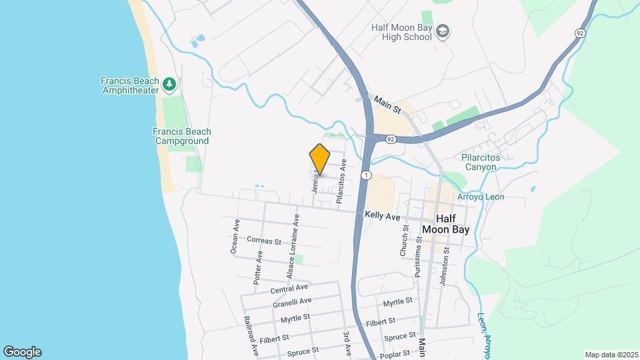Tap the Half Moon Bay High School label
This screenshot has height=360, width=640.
click(403, 31)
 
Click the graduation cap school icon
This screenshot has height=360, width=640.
click(443, 31)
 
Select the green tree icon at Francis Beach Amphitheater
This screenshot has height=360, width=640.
click(171, 84)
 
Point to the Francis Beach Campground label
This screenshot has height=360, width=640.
click(181, 136)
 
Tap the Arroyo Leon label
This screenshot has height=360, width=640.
click(481, 197)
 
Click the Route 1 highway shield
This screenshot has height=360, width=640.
click(366, 175)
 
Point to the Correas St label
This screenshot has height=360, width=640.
click(263, 240)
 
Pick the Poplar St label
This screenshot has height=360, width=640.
click(399, 347)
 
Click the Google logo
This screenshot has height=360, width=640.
click(22, 352)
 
